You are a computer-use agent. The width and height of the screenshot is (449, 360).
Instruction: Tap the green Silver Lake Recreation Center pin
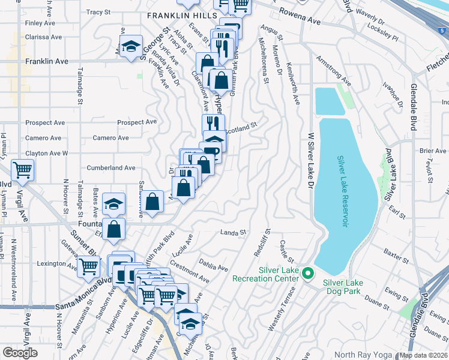point(308,274)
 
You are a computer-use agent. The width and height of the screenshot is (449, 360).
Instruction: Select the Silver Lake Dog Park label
point(349,287)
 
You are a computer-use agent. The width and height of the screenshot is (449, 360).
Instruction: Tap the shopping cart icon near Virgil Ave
point(22,171)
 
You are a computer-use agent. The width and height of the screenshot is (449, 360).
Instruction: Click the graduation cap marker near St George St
point(130,47)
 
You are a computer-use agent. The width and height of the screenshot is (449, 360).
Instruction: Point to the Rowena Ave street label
point(300,16)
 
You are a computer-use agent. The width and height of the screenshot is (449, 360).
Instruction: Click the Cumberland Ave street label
point(111,168)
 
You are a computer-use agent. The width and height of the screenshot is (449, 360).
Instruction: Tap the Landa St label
point(234,232)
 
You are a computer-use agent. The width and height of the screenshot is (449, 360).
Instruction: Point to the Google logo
point(20,353)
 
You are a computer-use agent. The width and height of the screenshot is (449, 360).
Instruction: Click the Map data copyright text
point(423,355)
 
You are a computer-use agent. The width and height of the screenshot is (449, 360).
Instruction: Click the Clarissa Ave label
point(43,37)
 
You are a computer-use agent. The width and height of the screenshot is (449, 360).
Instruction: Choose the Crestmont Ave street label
point(189,272)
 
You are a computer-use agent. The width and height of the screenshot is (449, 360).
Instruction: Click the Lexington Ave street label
point(58,263)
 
